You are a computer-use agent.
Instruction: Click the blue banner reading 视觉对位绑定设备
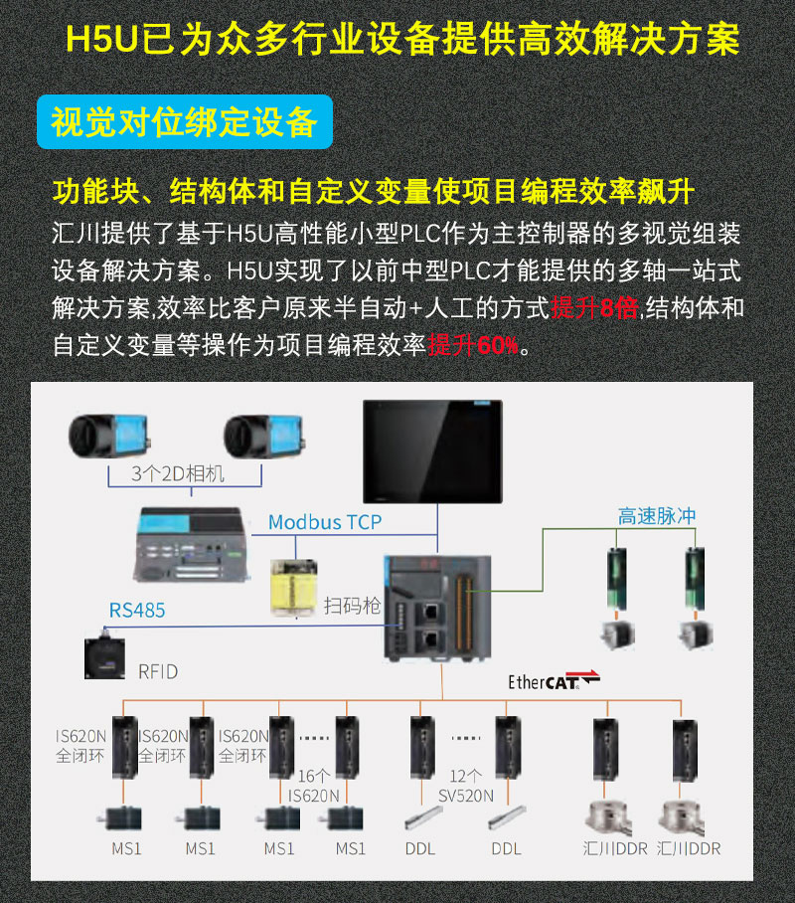coord(184,122)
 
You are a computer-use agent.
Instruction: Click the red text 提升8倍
coord(594,308)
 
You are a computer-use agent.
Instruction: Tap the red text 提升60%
coord(473,345)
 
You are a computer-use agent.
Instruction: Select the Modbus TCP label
coord(325,522)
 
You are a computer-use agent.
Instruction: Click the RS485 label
coord(137,610)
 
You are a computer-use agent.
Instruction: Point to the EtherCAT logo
coord(554,680)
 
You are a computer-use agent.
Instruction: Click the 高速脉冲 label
coord(657,516)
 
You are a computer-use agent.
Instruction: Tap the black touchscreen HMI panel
coord(432,451)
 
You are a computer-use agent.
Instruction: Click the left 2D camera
coord(109,436)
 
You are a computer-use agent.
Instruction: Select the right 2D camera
coord(264,436)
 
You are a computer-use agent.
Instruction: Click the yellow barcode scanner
coord(293,588)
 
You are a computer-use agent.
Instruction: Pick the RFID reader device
coord(104,657)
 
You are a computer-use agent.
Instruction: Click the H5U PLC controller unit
coord(437,609)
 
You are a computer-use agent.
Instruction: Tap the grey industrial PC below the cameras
coord(193,544)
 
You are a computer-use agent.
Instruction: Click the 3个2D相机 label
coord(177,473)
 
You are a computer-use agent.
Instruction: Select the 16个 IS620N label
coord(314,786)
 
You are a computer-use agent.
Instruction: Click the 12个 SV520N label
coord(466,786)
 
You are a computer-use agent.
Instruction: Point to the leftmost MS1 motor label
coord(126,848)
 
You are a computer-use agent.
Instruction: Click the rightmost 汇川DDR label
coord(689,848)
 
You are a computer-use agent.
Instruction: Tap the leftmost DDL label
coord(420,848)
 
